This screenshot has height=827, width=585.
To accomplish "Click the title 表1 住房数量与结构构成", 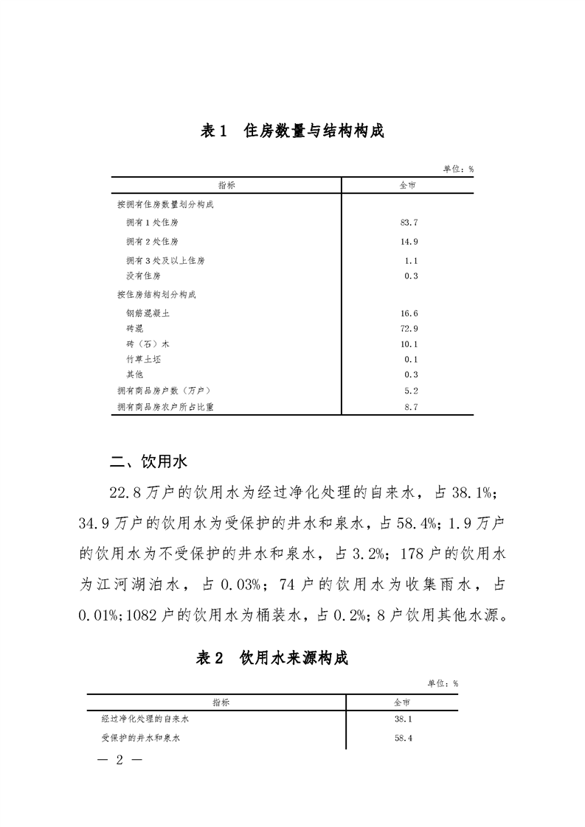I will [x=292, y=131].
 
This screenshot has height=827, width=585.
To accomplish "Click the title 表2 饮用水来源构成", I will [x=271, y=658].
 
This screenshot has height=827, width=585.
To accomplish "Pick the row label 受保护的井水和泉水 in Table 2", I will [x=141, y=737].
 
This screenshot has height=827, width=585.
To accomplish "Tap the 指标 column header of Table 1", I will [x=226, y=185].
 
